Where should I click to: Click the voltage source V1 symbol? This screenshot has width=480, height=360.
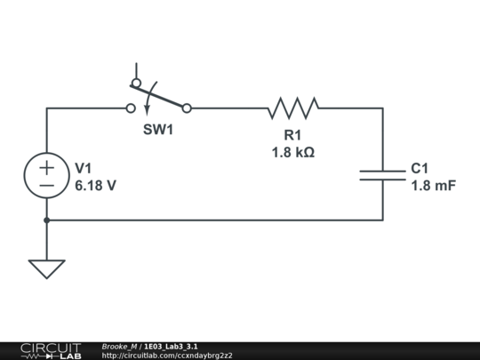tap(46, 175)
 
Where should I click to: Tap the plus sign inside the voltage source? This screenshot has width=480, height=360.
tap(46, 166)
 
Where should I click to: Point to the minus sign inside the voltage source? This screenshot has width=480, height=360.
tap(46, 185)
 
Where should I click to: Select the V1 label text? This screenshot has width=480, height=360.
tap(84, 168)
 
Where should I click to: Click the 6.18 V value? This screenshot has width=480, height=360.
tap(95, 186)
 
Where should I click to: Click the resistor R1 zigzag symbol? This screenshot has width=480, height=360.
tap(293, 108)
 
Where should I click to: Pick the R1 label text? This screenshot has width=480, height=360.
tap(293, 135)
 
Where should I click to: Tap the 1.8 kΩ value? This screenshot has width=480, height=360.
tap(293, 152)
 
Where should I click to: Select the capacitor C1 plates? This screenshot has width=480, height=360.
tap(383, 174)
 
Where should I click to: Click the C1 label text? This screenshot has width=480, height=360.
tap(420, 168)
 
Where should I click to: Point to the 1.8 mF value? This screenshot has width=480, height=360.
tap(433, 186)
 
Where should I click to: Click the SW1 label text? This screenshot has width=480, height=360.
tap(158, 130)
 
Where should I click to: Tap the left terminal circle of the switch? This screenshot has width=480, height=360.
tap(131, 108)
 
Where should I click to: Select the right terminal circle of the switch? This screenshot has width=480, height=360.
tap(187, 108)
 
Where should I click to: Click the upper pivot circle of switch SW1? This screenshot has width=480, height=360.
tap(136, 84)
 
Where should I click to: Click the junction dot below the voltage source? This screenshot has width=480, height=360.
tap(46, 220)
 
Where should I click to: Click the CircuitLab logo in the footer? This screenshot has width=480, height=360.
tap(50, 350)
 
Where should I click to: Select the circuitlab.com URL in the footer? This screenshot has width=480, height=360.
tap(167, 356)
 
